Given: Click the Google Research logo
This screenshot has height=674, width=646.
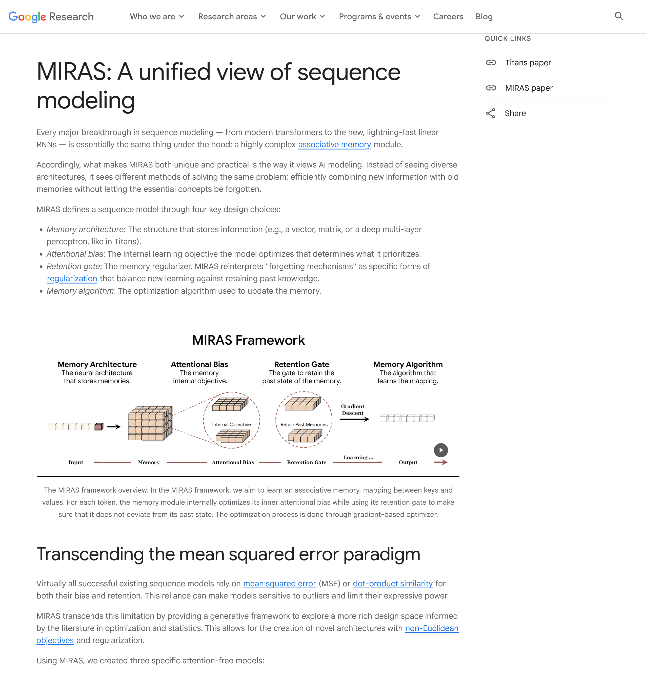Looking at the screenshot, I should click(51, 16).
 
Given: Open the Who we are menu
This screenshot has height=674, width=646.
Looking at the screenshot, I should click(157, 16).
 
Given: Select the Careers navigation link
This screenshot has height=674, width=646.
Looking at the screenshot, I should click(448, 16).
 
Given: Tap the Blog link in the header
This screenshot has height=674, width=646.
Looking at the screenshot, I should click(484, 16).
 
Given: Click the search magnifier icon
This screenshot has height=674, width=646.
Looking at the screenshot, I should click(619, 16).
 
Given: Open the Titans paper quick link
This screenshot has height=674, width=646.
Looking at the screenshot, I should click(528, 63).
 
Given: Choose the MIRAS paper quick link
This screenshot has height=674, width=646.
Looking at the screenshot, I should click(529, 88).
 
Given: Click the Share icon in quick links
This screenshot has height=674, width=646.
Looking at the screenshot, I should click(490, 114).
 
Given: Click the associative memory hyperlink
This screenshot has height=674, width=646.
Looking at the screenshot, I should click(334, 144).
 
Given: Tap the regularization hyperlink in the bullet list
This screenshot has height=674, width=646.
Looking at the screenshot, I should click(72, 278).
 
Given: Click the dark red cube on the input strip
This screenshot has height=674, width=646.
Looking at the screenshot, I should click(99, 427).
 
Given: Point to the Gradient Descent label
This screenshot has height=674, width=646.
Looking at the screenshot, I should click(353, 409).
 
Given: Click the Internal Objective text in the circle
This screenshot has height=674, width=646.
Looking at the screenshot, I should click(231, 425).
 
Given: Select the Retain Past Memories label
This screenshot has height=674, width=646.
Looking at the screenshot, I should click(304, 425).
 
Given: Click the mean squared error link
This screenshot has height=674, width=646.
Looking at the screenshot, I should click(279, 584).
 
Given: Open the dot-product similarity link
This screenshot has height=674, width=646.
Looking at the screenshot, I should click(392, 584).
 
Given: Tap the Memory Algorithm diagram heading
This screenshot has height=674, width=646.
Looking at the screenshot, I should click(408, 364).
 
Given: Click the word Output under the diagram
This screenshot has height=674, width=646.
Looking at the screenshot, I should click(408, 462).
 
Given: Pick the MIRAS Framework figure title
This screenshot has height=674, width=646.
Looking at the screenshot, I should click(248, 340).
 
